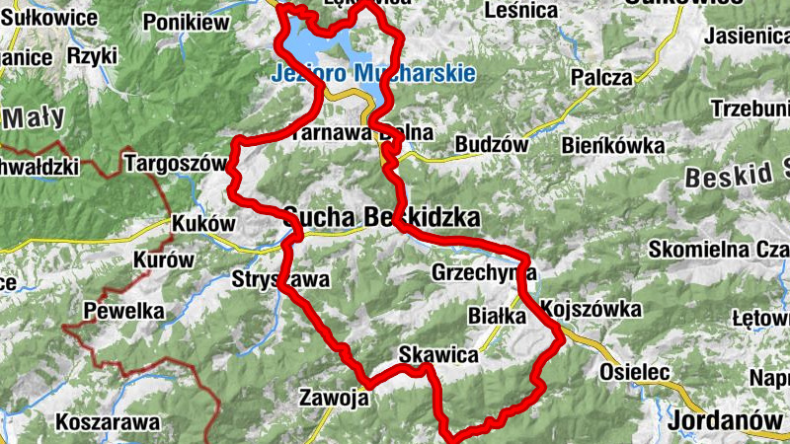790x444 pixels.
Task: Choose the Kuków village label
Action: point(203,224)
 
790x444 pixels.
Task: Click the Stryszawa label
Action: point(280,279)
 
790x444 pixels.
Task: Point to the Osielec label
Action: point(636,372)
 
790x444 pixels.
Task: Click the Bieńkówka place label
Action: point(612,146)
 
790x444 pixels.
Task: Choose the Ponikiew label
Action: point(186,22)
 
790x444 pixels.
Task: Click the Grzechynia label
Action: point(484,272)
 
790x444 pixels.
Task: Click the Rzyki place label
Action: point(92,56)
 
